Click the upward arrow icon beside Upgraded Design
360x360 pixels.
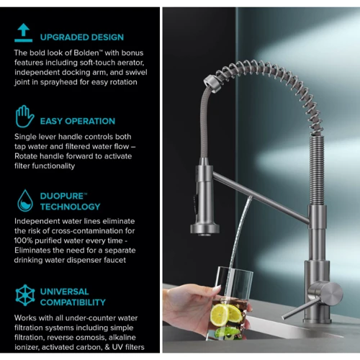pyautogui.click(x=23, y=32)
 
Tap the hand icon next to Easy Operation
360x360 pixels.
pyautogui.click(x=24, y=117)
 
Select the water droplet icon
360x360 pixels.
pyautogui.click(x=25, y=201)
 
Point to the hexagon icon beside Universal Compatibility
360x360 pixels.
pyautogui.click(x=25, y=295)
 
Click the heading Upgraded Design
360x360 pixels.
pyautogui.click(x=82, y=37)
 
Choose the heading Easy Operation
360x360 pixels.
pyautogui.click(x=78, y=121)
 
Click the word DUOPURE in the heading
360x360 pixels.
pyautogui.click(x=62, y=196)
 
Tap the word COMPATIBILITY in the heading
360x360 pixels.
pyautogui.click(x=73, y=302)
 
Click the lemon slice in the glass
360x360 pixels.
pyautogui.click(x=220, y=315)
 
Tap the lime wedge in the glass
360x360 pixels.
pyautogui.click(x=227, y=332)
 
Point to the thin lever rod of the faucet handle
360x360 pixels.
pyautogui.click(x=301, y=309)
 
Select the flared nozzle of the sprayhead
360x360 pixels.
pyautogui.click(x=204, y=229)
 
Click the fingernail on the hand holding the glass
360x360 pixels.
pyautogui.click(x=217, y=289)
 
